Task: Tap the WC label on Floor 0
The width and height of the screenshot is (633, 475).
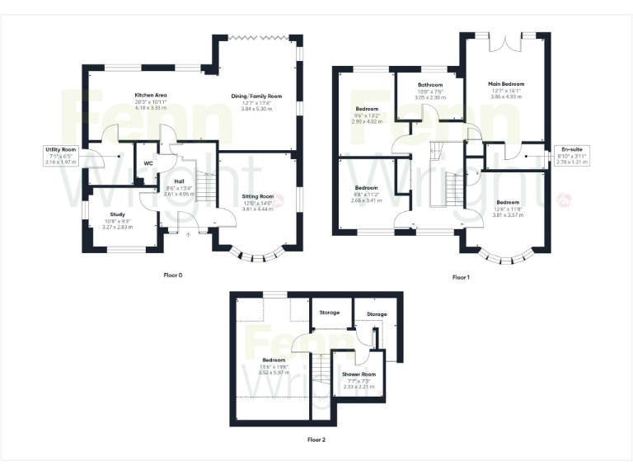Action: [148, 163]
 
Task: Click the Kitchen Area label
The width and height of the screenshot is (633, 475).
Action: [151, 96]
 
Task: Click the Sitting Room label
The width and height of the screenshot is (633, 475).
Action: [256, 196]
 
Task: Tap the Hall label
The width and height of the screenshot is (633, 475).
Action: [179, 181]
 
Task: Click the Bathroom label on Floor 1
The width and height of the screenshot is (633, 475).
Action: [429, 85]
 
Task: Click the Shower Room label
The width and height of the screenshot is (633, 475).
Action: [359, 374]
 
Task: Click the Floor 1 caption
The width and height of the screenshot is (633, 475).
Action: [461, 277]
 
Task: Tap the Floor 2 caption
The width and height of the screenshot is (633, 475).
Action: [316, 440]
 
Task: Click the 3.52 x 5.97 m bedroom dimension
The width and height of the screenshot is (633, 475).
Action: [274, 372]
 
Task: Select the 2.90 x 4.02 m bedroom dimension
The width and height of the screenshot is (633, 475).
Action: [367, 121]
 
